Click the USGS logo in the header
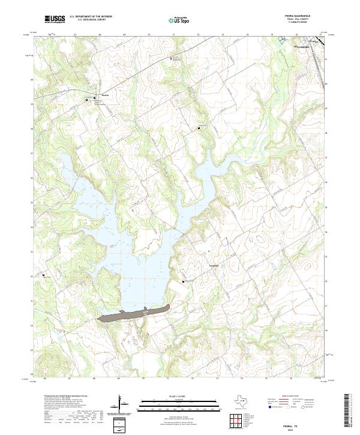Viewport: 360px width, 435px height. tap(55, 19)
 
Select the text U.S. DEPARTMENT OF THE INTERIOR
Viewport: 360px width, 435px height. tap(91, 17)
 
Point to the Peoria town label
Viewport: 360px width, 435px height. tap(105, 95)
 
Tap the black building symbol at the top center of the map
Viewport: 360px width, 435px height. tap(172, 58)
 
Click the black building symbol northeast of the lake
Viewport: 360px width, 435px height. tap(200, 127)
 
